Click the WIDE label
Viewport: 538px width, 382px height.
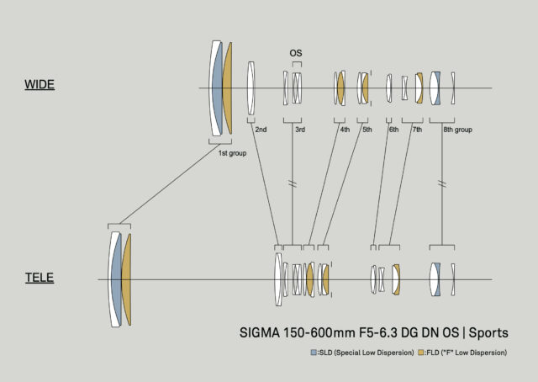40,85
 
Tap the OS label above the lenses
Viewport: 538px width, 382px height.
295,53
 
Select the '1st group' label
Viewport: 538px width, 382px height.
232,153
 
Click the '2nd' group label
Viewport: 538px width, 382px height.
261,130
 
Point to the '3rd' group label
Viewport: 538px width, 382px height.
300,130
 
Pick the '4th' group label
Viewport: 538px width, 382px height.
345,130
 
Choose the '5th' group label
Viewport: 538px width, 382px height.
367,130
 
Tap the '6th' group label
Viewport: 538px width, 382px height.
393,130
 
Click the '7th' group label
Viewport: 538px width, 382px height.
417,130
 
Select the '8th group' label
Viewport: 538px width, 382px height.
457,130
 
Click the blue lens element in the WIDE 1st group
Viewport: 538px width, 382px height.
218,88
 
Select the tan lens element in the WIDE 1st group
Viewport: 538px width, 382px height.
228,88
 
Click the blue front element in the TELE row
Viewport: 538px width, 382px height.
116,279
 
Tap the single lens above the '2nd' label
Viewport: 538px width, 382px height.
251,88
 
